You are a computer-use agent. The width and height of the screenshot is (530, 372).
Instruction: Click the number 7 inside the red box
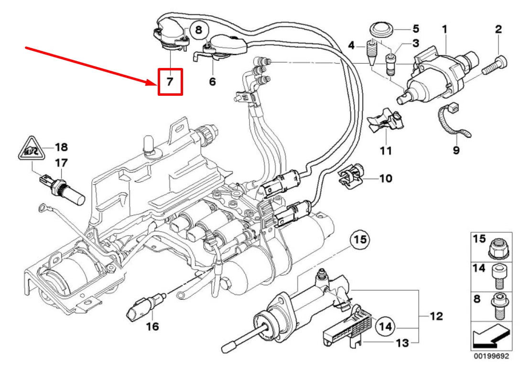tap(170, 82)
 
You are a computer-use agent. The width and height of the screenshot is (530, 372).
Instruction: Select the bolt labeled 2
tap(495, 65)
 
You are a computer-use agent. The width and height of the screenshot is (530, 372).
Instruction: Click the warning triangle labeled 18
tap(29, 150)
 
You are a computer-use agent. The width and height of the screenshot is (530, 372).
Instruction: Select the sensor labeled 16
tap(141, 307)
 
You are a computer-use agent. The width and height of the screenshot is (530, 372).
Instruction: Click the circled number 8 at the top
tap(199, 30)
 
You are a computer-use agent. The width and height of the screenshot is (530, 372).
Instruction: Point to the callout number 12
tap(436, 316)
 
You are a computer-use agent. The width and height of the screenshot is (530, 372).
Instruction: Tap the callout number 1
tap(444, 30)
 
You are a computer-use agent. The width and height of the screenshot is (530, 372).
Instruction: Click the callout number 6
tap(212, 82)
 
